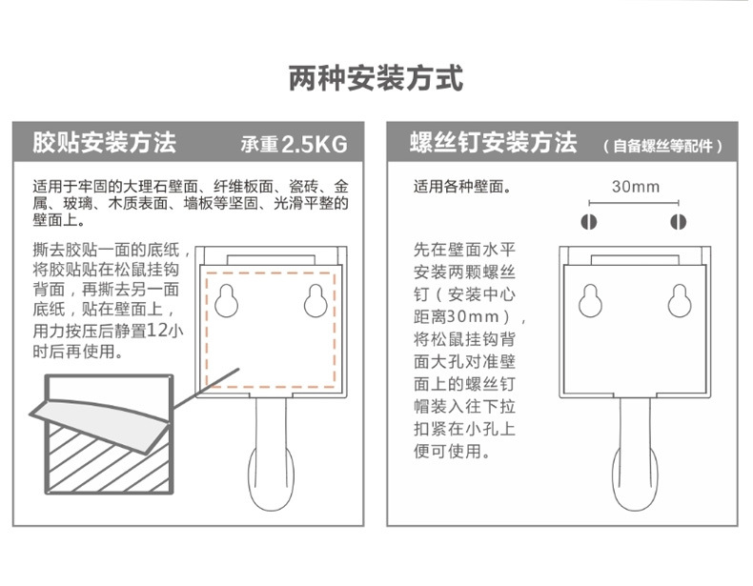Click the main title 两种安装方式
376,78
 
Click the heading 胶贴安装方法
104,144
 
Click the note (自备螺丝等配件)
662,147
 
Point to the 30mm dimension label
635,186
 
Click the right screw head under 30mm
679,223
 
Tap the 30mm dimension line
634,203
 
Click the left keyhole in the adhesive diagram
228,300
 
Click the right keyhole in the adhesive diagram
316,300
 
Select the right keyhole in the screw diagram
679,300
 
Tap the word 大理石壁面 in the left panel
163,187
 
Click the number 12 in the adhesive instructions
159,331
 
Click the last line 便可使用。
452,451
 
